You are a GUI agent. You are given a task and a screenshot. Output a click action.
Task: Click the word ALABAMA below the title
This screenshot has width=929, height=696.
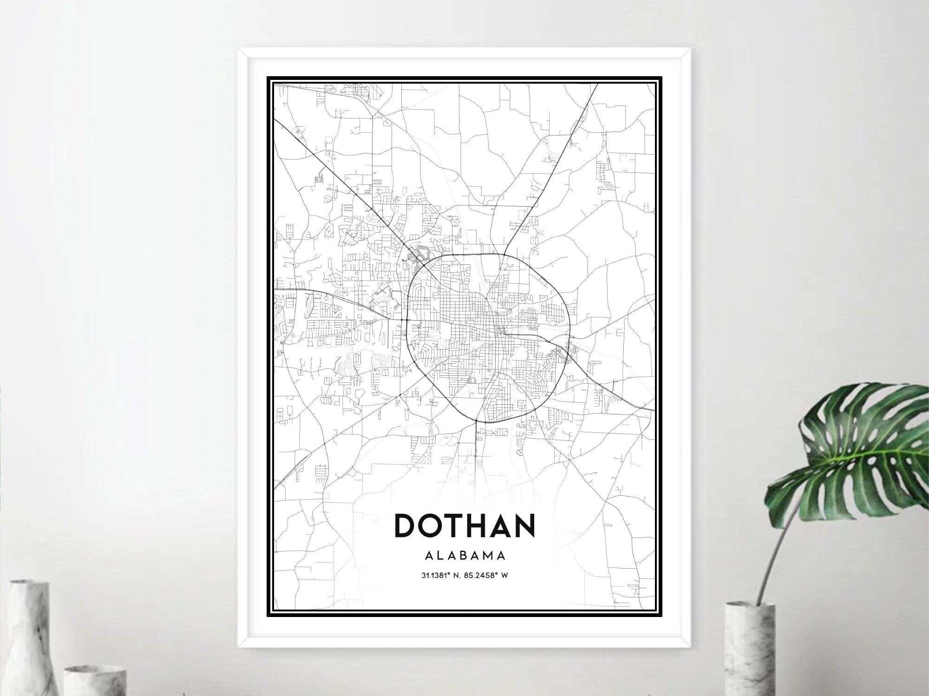coord(464,556)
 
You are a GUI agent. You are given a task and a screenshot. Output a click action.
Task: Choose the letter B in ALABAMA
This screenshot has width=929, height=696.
coord(465,556)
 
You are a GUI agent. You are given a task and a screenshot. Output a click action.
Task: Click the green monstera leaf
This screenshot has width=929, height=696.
coord(855,446)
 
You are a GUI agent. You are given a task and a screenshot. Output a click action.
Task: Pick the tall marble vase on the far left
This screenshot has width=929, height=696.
coord(29,637)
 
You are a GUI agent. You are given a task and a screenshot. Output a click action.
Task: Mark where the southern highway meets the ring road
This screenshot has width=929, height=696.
coord(477,421)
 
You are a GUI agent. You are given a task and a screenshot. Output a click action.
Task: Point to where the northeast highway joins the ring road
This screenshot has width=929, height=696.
coord(504,255)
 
